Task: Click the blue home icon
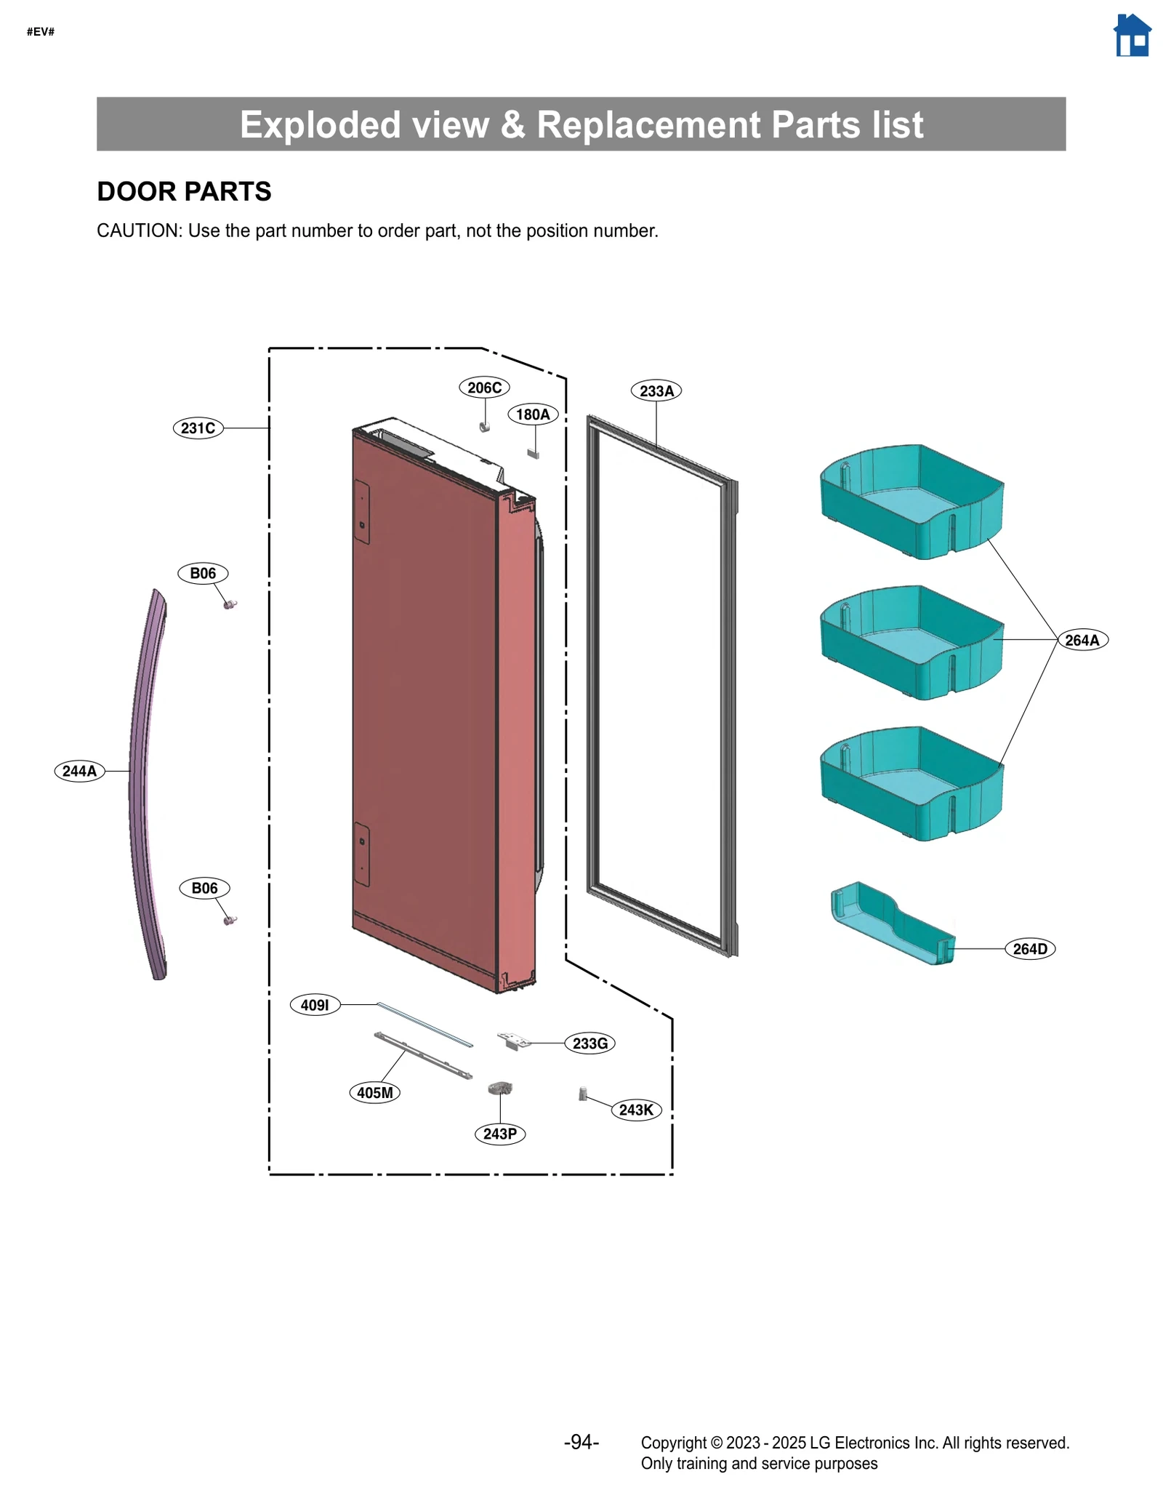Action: tap(1131, 36)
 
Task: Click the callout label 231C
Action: tap(198, 428)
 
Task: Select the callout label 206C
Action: tap(484, 388)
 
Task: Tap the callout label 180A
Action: tap(533, 414)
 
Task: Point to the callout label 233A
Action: tap(656, 391)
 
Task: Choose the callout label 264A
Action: tap(1082, 640)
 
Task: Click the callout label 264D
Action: tap(1030, 949)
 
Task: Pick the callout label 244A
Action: tap(79, 771)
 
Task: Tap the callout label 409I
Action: tap(315, 1005)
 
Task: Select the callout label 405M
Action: tap(374, 1092)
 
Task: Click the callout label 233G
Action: tap(589, 1044)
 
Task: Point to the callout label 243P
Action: tap(499, 1134)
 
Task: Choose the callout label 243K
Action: tap(636, 1110)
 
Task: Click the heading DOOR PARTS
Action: tap(184, 191)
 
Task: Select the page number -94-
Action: tap(581, 1442)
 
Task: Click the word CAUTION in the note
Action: tap(138, 231)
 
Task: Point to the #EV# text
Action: tap(41, 31)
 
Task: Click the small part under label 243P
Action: tap(500, 1088)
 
